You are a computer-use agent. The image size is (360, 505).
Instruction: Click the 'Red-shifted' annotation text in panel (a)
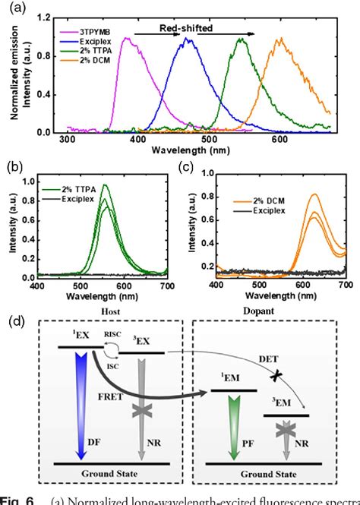tap(185, 27)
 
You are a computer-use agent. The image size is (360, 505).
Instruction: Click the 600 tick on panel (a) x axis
tap(279, 139)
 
